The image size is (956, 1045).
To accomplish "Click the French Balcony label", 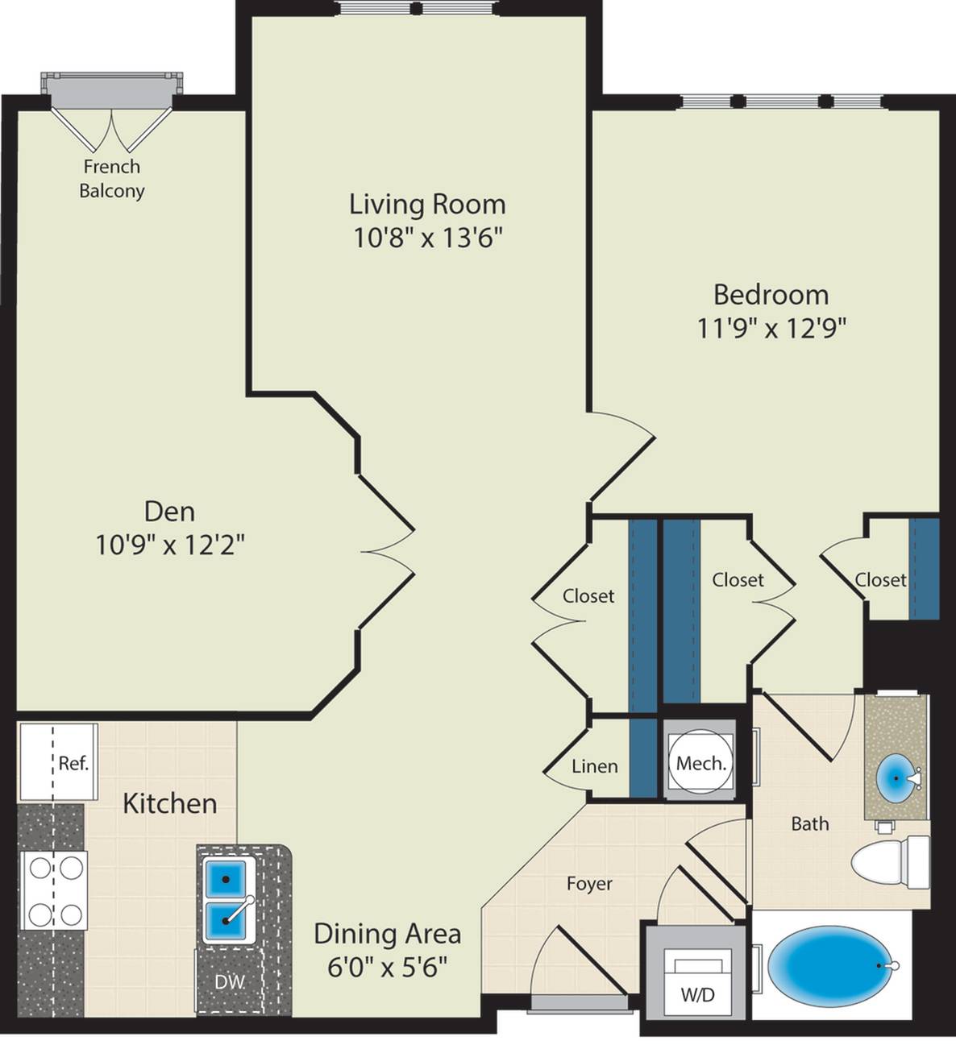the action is tap(111, 179).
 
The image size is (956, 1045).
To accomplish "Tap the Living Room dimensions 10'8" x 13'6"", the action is tap(427, 238).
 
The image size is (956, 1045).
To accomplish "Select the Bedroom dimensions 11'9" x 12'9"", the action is tap(771, 328).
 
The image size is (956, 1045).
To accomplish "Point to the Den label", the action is tap(170, 512).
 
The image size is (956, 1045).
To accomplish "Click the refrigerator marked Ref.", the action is tap(58, 761).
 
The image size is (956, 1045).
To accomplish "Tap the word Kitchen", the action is tap(170, 803).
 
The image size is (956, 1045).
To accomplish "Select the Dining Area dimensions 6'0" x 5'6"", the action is tap(388, 968).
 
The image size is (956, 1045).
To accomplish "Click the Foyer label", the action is tap(589, 884).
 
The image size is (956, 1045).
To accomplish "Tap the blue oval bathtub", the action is tap(830, 966).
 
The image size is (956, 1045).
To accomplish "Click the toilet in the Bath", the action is tap(891, 862).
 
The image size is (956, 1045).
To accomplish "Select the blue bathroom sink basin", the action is tap(896, 778).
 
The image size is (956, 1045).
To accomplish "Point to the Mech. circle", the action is tap(700, 764).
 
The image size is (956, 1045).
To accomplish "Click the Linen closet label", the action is tap(595, 766).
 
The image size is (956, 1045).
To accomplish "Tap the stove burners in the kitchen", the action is tap(54, 890).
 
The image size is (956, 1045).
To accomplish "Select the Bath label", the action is tap(810, 823).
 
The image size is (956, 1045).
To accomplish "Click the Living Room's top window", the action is tap(417, 8).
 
